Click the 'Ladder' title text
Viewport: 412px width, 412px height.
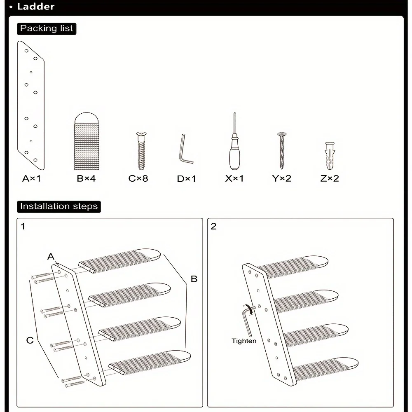(x=36, y=7)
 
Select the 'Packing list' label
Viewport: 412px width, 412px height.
(x=47, y=28)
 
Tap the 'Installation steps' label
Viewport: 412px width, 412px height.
(x=59, y=206)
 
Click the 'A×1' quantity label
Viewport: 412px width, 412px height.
(x=32, y=178)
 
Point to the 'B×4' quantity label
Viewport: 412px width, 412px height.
(x=86, y=178)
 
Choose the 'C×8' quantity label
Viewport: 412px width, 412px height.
(x=138, y=178)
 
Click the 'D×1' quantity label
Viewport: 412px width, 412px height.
(x=187, y=178)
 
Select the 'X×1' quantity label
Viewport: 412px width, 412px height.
(x=234, y=178)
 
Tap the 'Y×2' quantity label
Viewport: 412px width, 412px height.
(x=282, y=178)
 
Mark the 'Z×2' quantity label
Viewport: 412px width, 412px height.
(x=330, y=178)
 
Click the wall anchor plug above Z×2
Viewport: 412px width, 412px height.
(x=330, y=156)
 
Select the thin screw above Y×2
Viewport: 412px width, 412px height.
(x=282, y=150)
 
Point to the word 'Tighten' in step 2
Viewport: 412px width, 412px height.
(x=244, y=341)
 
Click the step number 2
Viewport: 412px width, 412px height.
(x=213, y=226)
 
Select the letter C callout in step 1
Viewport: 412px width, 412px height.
(x=30, y=340)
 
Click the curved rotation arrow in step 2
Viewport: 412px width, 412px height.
(x=248, y=309)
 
